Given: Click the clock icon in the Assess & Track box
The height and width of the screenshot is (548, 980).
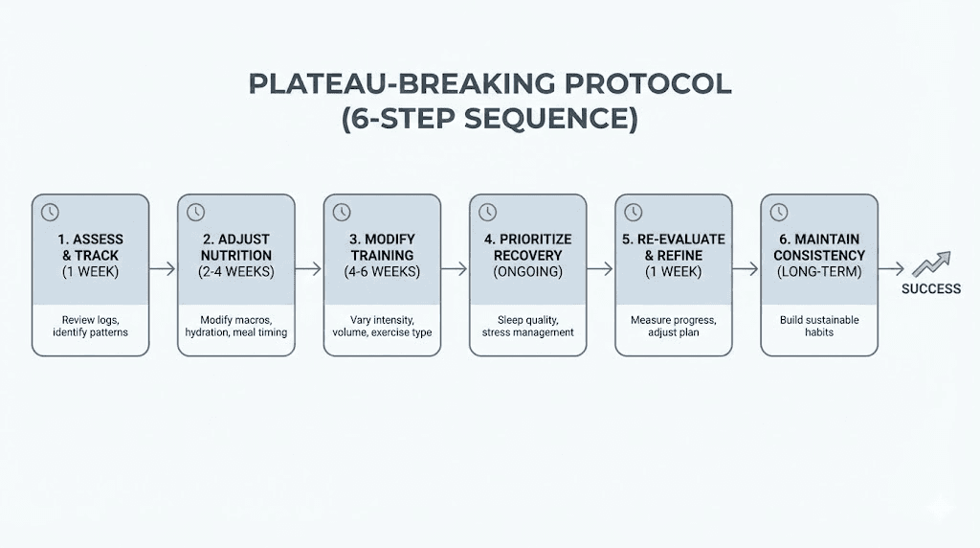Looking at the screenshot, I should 50,212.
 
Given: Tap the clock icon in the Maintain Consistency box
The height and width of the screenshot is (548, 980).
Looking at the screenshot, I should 778,212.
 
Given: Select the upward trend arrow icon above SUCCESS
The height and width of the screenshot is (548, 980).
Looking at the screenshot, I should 930,264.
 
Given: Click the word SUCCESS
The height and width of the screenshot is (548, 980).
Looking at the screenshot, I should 930,288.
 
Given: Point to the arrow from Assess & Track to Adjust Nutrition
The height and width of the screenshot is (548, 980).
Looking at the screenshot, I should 163,269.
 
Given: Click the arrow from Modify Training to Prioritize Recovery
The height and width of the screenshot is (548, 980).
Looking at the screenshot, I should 455,269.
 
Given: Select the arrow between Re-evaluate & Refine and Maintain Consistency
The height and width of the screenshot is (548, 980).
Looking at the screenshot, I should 746,269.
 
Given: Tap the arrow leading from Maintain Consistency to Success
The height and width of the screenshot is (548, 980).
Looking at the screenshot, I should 891,269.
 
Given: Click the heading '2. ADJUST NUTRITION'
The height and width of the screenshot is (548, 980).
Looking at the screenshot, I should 236,247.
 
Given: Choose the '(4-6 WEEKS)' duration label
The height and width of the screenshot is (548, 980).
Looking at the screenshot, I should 382,272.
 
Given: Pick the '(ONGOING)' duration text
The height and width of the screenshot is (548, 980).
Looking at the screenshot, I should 527,272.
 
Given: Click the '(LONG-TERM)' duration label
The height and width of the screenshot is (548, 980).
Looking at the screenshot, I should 819,272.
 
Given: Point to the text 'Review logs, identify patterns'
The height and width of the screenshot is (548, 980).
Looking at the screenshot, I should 90,326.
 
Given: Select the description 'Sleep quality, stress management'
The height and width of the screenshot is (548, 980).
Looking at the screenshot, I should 527,326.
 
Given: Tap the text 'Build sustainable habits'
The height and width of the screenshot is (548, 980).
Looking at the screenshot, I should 819,326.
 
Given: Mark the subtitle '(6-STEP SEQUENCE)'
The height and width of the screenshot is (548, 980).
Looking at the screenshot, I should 489,120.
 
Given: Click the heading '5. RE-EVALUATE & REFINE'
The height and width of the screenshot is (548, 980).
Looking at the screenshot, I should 674,247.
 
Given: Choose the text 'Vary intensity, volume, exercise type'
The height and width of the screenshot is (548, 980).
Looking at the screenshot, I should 382,326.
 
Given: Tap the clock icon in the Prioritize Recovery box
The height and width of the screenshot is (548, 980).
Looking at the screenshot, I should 487,212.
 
